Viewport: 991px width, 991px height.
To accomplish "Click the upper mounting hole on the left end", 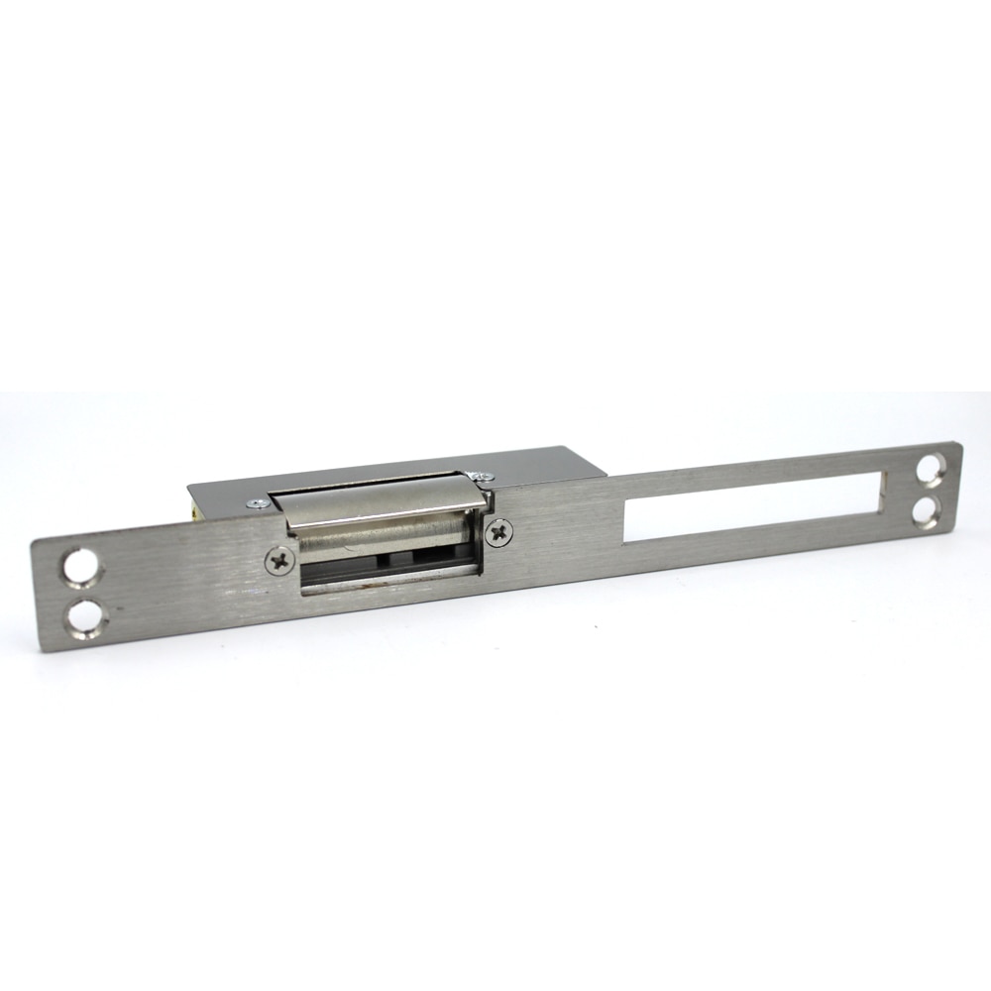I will pyautogui.click(x=81, y=568).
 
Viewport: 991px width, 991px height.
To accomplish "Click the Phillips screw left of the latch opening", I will pyautogui.click(x=279, y=562).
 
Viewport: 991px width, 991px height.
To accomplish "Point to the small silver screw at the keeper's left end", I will pyautogui.click(x=259, y=503).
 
